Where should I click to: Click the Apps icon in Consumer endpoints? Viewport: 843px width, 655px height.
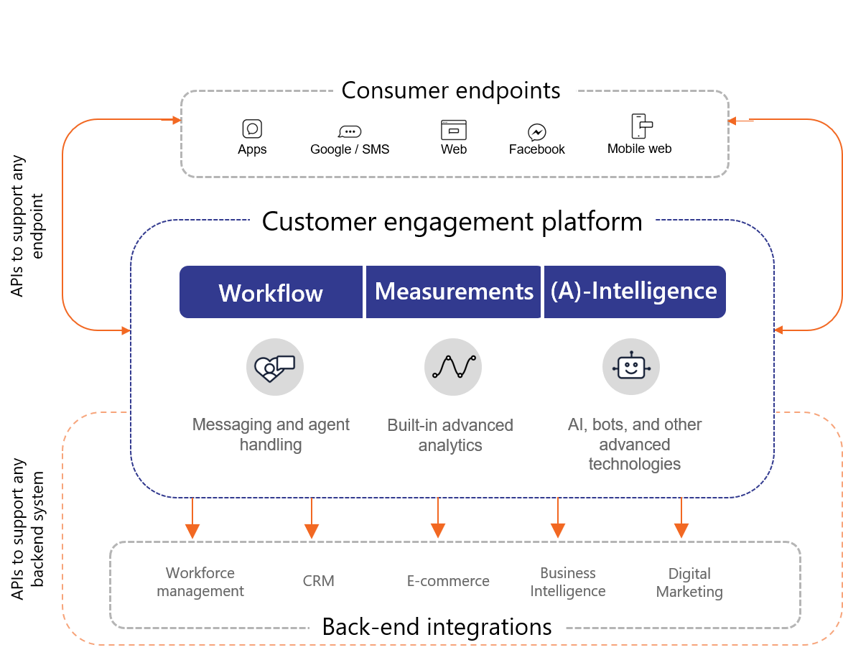pos(252,129)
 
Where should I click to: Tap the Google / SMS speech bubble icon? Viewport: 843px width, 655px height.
pos(350,131)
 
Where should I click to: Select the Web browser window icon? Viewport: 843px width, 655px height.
pos(453,129)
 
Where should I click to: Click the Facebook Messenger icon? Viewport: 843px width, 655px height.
pos(536,131)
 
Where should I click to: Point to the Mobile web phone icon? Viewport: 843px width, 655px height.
pos(641,126)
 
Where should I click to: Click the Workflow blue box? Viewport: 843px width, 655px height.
pos(271,292)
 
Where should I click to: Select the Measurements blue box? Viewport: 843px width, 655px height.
pos(453,292)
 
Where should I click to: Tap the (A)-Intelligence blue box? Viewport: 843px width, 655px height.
pos(635,292)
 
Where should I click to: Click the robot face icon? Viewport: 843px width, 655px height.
pos(631,367)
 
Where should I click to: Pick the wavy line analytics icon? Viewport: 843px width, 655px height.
pos(453,367)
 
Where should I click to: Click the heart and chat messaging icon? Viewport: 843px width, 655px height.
pos(275,367)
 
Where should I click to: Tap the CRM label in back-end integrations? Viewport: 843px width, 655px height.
pos(318,581)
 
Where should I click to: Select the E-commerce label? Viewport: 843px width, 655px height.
pos(448,581)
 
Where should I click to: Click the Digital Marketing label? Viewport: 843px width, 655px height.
pos(689,582)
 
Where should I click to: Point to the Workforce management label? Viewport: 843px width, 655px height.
pos(200,582)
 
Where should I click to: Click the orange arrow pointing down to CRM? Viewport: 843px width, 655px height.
pos(312,519)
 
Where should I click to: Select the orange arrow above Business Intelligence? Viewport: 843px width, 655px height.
pos(558,518)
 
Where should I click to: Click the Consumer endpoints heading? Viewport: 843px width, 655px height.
pos(450,90)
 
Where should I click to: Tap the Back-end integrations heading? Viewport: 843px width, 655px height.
pos(437,627)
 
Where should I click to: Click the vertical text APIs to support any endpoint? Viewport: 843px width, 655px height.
pos(27,226)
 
